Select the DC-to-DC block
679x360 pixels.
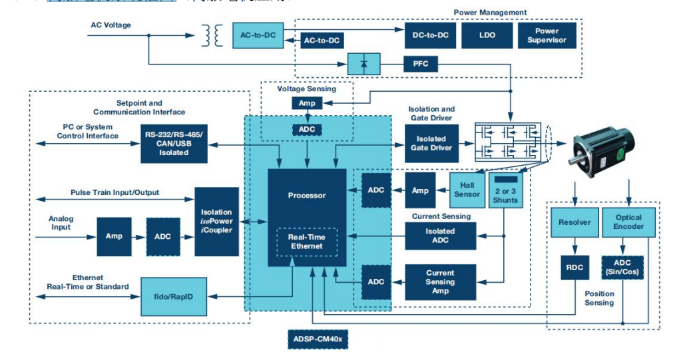[x=430, y=35]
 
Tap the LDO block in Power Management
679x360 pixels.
[x=487, y=35]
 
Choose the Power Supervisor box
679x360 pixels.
[x=547, y=35]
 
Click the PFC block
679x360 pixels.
[x=420, y=64]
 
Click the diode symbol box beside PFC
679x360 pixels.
[x=363, y=64]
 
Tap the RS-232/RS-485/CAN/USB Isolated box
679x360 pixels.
[x=174, y=143]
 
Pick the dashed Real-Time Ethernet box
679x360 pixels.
[x=306, y=241]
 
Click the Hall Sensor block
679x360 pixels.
[x=467, y=190]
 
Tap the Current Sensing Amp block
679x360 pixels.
[x=440, y=281]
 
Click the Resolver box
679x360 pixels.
[x=573, y=222]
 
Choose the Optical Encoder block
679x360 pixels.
[x=628, y=222]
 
